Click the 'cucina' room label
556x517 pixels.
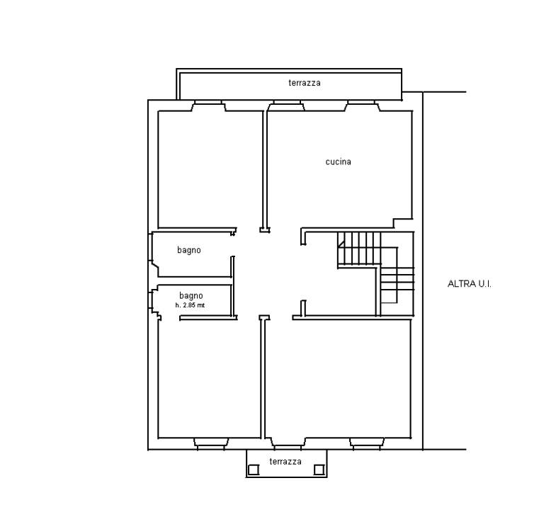(339, 161)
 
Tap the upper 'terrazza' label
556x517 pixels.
(305, 83)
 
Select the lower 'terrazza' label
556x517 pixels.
(285, 462)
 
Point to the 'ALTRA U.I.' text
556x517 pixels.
(470, 284)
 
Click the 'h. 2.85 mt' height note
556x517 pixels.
(190, 305)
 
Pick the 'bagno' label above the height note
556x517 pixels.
(191, 296)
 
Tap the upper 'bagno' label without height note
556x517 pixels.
(189, 250)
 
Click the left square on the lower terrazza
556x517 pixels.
(254, 470)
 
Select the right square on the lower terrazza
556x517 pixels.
(319, 470)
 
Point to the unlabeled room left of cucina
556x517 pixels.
(210, 169)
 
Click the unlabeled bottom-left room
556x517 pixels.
(209, 379)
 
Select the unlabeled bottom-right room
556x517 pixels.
(338, 379)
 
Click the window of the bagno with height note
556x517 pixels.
(154, 302)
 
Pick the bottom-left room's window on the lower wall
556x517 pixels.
(211, 443)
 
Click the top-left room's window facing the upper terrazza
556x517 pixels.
(208, 106)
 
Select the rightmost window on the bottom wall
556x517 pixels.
(367, 443)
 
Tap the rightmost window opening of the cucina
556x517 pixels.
(362, 106)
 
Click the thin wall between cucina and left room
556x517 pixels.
(265, 169)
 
